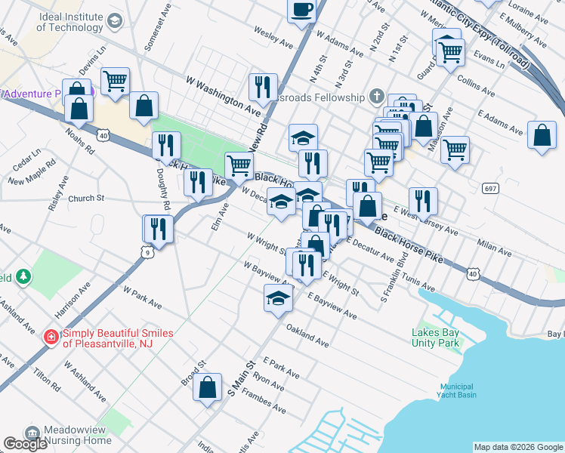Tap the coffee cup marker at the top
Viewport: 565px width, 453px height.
301,11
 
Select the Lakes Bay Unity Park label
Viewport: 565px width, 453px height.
436,337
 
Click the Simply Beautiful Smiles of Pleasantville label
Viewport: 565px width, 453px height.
117,337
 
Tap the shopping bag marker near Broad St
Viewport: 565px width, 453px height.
208,388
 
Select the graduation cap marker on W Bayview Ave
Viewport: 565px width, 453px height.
278,299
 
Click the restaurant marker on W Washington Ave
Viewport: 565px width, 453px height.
263,88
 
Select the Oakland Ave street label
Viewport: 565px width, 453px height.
307,336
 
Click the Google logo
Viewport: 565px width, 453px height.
25,444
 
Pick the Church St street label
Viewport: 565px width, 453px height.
85,199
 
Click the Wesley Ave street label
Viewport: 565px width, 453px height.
273,39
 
